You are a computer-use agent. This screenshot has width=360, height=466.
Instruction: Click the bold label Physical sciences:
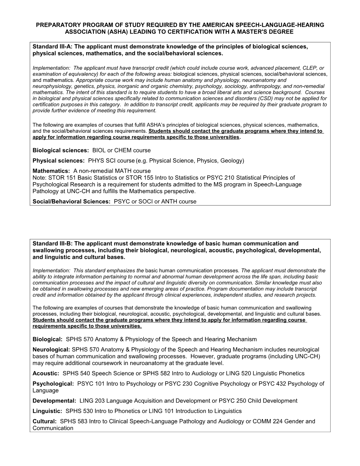pyautogui.click(x=59, y=161)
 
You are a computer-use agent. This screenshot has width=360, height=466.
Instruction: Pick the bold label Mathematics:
pyautogui.click(x=52, y=171)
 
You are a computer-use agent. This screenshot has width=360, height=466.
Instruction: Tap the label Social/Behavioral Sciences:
pyautogui.click(x=72, y=202)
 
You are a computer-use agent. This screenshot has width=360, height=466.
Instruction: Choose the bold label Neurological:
pyautogui.click(x=52, y=349)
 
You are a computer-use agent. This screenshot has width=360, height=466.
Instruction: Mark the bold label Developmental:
pyautogui.click(x=54, y=401)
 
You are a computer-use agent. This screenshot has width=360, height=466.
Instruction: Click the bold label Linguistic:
pyautogui.click(x=48, y=411)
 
